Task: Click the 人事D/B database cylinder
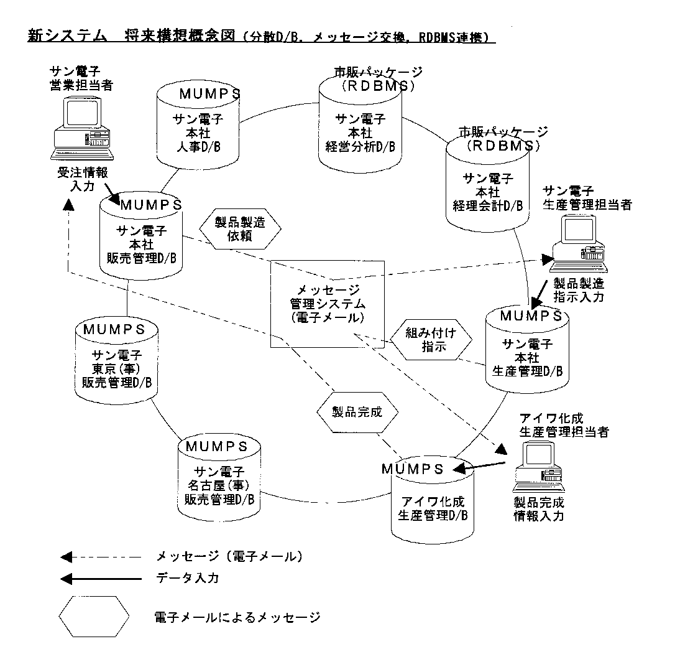196,128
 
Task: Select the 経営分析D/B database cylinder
360,124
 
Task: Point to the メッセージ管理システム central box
328,304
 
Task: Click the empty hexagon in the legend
94,617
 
